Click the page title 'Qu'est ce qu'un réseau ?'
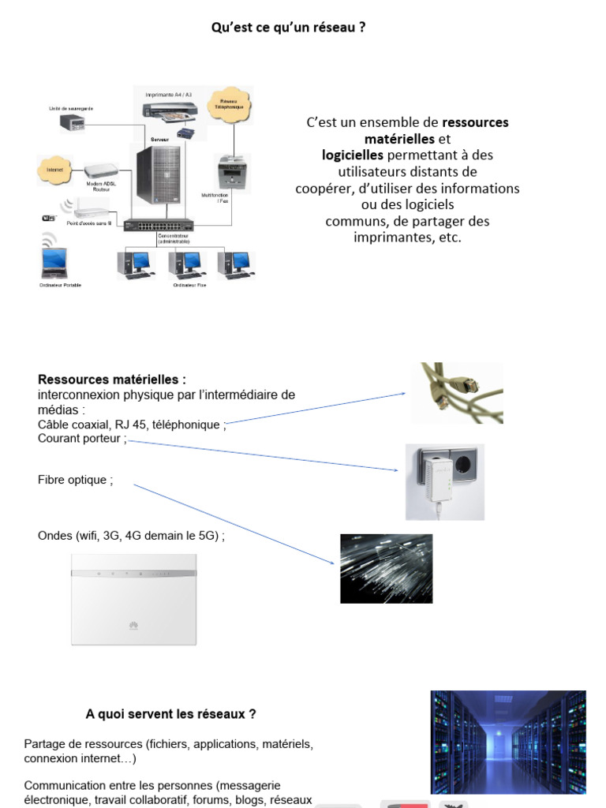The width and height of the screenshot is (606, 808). pos(288,28)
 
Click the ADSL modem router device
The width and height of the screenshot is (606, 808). pos(101,170)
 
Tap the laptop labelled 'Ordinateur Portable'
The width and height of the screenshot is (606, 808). pos(54,263)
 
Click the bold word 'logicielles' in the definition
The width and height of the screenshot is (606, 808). pos(352,155)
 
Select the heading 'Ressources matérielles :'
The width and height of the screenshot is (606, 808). pos(112,380)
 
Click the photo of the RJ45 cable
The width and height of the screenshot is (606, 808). pos(457,393)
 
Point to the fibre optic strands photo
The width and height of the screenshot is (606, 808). pos(386,568)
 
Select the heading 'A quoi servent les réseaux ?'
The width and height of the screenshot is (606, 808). pos(170,714)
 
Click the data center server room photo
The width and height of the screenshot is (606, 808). pos(507,742)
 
